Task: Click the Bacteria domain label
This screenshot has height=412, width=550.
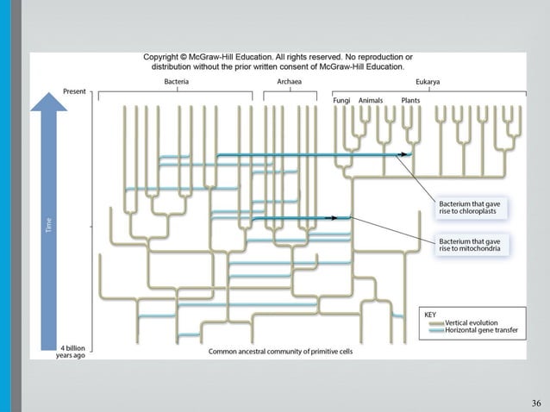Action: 177,81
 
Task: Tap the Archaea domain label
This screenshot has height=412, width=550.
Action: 289,81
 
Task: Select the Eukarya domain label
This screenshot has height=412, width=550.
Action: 428,81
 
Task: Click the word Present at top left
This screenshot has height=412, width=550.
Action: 74,91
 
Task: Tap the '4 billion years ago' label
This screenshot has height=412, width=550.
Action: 70,351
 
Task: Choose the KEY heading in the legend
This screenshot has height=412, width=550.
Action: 431,315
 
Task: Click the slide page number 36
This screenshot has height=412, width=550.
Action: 536,403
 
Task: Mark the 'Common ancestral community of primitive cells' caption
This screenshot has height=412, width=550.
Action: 280,351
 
